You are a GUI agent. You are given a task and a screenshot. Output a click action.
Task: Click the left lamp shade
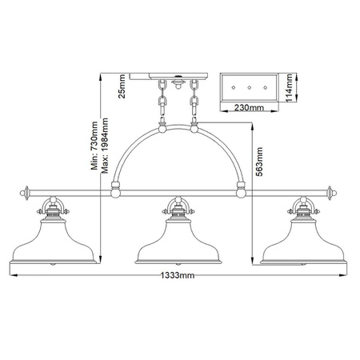coord(53,243)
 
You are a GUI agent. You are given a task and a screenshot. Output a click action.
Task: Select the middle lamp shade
coord(178,243)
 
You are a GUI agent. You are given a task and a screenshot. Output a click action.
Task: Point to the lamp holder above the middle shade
coord(178,210)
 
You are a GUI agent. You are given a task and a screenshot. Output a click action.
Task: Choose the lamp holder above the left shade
coord(53,210)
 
